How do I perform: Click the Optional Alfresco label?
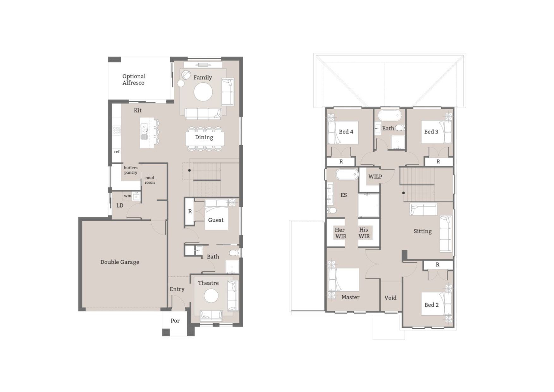tap(134, 80)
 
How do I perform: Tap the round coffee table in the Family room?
tap(203, 92)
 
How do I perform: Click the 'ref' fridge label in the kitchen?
tap(117, 152)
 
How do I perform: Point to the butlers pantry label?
tap(130, 170)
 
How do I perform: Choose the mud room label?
tap(150, 180)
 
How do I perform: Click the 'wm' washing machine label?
tap(127, 196)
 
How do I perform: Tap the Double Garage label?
tap(120, 262)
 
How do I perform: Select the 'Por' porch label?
tap(175, 321)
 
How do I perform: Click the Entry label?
tap(177, 289)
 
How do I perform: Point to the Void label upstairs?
tap(390, 298)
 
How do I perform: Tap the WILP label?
tap(375, 177)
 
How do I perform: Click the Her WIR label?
tap(340, 233)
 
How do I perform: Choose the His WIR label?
tap(364, 233)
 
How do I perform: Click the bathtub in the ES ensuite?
tap(347, 174)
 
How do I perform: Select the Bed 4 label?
tap(346, 132)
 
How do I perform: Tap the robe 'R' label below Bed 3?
tap(438, 162)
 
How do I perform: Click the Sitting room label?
tap(422, 232)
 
